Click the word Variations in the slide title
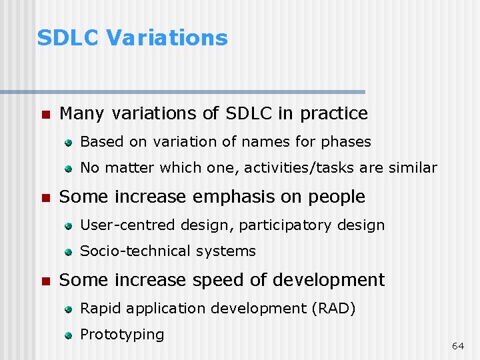167,38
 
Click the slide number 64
457,346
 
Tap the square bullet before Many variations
45,115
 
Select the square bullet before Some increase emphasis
45,198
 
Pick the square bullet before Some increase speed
45,281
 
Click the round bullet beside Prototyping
68,336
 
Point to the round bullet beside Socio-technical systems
68,253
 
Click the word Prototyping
122,335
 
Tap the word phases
346,142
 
